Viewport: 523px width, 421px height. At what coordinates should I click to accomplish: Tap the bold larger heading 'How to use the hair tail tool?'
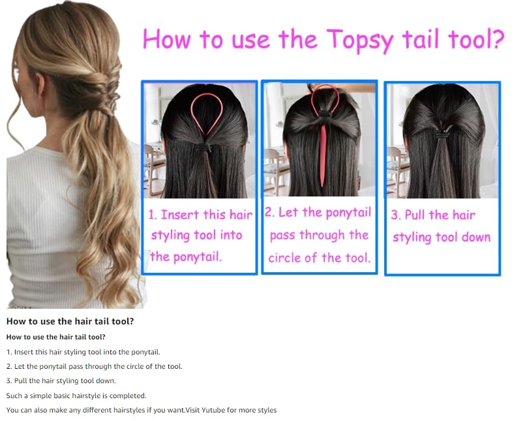[70, 321]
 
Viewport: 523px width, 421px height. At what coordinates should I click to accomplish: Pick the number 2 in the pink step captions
[269, 213]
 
